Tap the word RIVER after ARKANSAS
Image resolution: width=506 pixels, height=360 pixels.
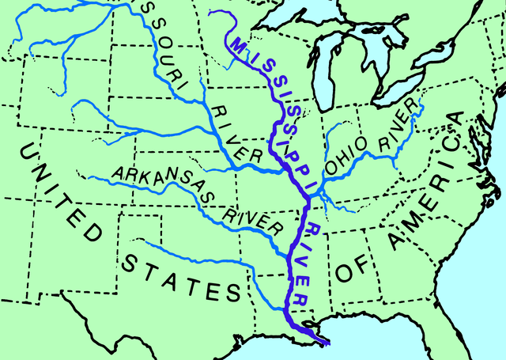(255, 220)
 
